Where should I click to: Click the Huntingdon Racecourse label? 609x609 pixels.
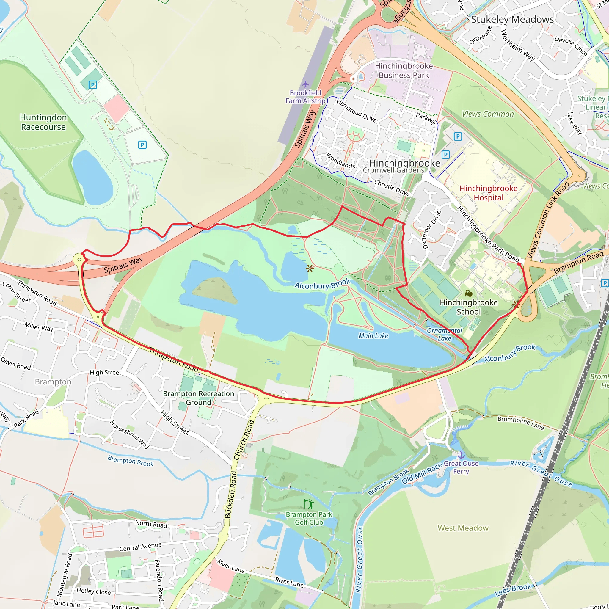pyautogui.click(x=43, y=122)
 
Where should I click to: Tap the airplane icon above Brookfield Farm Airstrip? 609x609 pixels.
pyautogui.click(x=305, y=84)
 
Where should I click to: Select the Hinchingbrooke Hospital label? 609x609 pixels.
pyautogui.click(x=488, y=193)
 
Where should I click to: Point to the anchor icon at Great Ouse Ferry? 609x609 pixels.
pyautogui.click(x=461, y=455)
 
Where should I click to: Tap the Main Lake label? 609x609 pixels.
pyautogui.click(x=373, y=336)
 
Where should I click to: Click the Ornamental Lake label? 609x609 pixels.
pyautogui.click(x=444, y=334)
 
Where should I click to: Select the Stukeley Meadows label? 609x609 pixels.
pyautogui.click(x=512, y=19)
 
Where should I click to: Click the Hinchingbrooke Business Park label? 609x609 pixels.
pyautogui.click(x=404, y=70)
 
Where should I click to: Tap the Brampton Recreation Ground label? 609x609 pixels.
pyautogui.click(x=198, y=398)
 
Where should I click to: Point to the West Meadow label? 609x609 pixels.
pyautogui.click(x=463, y=528)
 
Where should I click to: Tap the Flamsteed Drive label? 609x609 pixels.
pyautogui.click(x=356, y=111)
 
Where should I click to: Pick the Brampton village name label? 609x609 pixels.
pyautogui.click(x=53, y=382)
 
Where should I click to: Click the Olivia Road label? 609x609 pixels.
pyautogui.click(x=16, y=363)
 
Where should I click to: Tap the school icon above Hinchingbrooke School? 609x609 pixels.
pyautogui.click(x=468, y=293)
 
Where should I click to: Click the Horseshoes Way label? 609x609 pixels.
pyautogui.click(x=129, y=434)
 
